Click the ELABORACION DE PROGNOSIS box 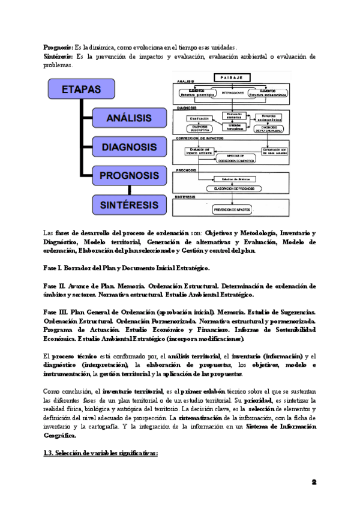click(x=235, y=188)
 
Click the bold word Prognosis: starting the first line click(x=58, y=47)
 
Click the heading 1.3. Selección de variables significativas click(x=100, y=453)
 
